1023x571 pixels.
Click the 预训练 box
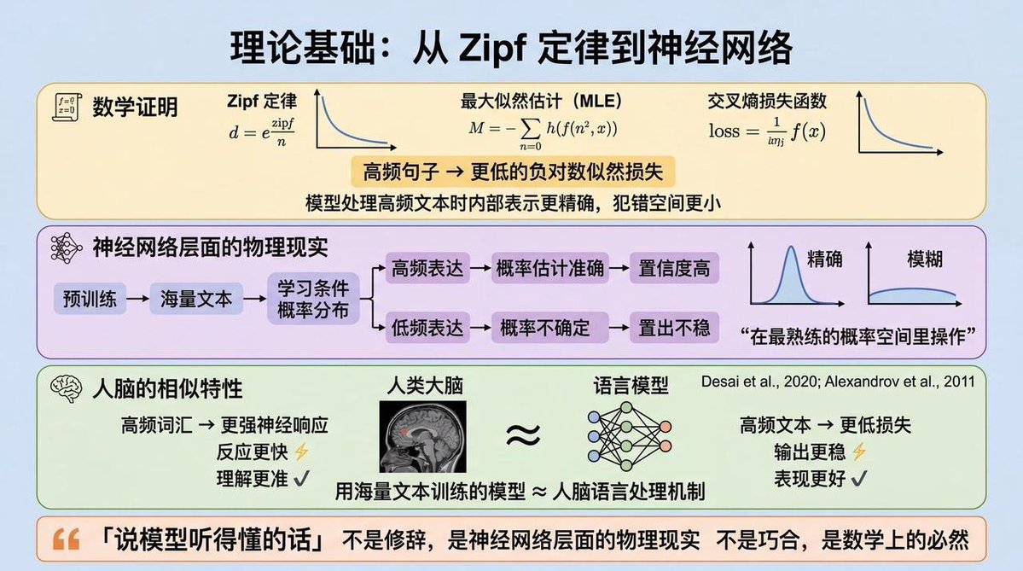tap(90, 299)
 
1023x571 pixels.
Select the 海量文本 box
tap(195, 299)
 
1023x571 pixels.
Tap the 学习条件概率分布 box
tap(313, 299)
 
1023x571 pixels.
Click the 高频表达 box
tap(427, 267)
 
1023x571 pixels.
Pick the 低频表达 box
tap(427, 327)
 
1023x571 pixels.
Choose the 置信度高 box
tap(674, 267)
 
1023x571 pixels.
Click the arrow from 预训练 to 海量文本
tap(137, 299)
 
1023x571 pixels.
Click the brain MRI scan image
tap(423, 436)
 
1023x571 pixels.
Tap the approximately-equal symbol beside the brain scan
tap(523, 434)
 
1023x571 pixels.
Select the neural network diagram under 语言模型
tap(629, 436)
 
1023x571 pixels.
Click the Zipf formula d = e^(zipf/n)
tap(261, 131)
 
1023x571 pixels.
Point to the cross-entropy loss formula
tap(767, 131)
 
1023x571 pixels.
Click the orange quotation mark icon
tap(66, 539)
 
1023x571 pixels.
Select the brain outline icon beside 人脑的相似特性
tap(66, 389)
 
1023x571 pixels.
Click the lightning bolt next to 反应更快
tap(301, 451)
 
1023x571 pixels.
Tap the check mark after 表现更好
tap(858, 478)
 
